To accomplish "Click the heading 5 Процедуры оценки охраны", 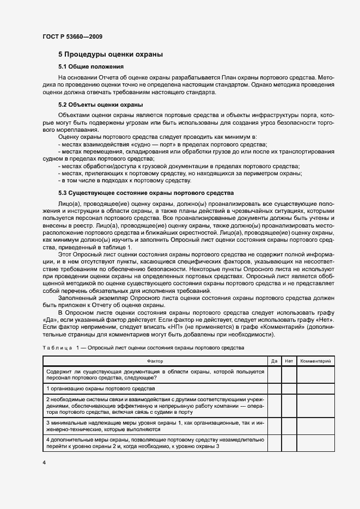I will click(111, 54).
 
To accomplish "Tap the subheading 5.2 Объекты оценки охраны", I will click(93, 105).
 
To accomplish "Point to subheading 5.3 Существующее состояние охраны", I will click(145, 193).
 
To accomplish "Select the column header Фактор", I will click(155, 361).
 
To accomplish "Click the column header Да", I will click(274, 361).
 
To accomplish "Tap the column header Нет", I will click(289, 361).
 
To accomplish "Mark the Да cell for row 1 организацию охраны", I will click(274, 389).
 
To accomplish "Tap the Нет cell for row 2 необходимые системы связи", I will click(289, 406).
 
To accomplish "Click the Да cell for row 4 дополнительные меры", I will click(274, 443).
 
